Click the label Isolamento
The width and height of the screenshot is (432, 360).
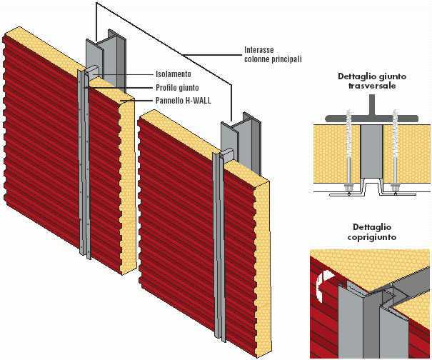pos(175,74)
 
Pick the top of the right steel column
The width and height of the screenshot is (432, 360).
pos(236,118)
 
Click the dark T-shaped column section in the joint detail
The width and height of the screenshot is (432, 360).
pos(372,115)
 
